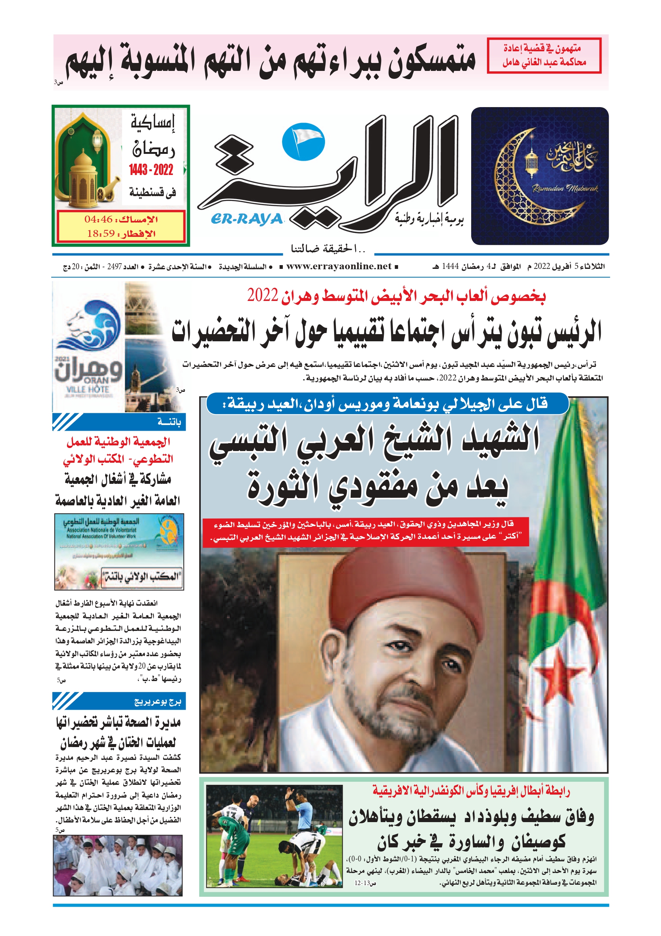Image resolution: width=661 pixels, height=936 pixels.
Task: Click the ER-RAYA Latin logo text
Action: [x=246, y=219]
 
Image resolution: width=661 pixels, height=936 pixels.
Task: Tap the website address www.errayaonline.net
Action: [x=339, y=267]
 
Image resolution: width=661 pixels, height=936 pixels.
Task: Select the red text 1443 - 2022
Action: [x=151, y=170]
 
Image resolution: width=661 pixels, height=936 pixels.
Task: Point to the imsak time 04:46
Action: [x=99, y=219]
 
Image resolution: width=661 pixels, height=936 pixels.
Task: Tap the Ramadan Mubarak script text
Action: [x=565, y=188]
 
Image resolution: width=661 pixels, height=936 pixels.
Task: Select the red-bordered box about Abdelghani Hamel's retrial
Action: [x=544, y=55]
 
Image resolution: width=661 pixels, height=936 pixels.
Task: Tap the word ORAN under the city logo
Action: [x=96, y=381]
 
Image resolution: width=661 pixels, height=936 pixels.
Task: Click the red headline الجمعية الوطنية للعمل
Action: [x=118, y=442]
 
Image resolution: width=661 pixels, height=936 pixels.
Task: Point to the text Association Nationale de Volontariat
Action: [x=102, y=530]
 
